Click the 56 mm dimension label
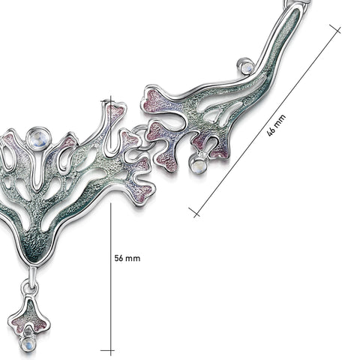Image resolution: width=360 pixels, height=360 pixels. tap(127, 258)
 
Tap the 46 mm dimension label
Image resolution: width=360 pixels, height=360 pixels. tap(276, 125)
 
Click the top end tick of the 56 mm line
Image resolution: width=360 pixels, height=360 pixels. tap(108, 101)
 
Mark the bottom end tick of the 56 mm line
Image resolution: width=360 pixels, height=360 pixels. tap(108, 350)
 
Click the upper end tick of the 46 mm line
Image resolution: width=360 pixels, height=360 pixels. tap(335, 29)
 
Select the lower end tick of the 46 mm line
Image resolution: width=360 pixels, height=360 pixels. tap(194, 212)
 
